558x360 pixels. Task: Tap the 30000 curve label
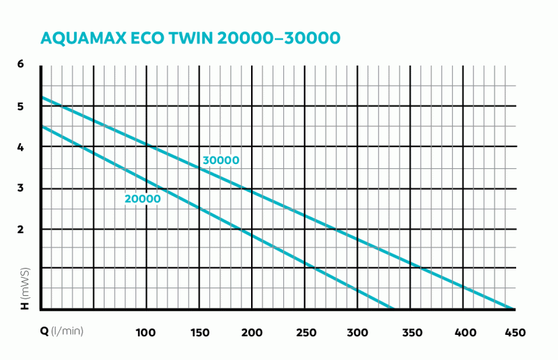click(x=221, y=160)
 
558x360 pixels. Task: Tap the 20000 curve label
click(x=143, y=199)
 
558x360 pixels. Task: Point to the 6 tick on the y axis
click(x=20, y=65)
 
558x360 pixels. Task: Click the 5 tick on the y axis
click(x=20, y=106)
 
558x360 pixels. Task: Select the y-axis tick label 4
click(x=20, y=147)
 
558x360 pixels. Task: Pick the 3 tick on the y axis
click(x=20, y=188)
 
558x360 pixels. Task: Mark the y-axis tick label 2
click(x=20, y=230)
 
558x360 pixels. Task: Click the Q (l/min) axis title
click(x=61, y=331)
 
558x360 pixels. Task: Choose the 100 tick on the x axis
click(x=146, y=332)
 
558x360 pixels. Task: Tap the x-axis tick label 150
click(x=199, y=332)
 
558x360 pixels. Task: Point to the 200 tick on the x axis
click(x=252, y=332)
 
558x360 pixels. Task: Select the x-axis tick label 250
click(x=305, y=332)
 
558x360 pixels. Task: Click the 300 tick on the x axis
click(x=358, y=332)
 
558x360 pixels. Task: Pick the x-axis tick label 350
click(x=411, y=332)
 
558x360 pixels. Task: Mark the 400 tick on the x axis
click(x=464, y=332)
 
